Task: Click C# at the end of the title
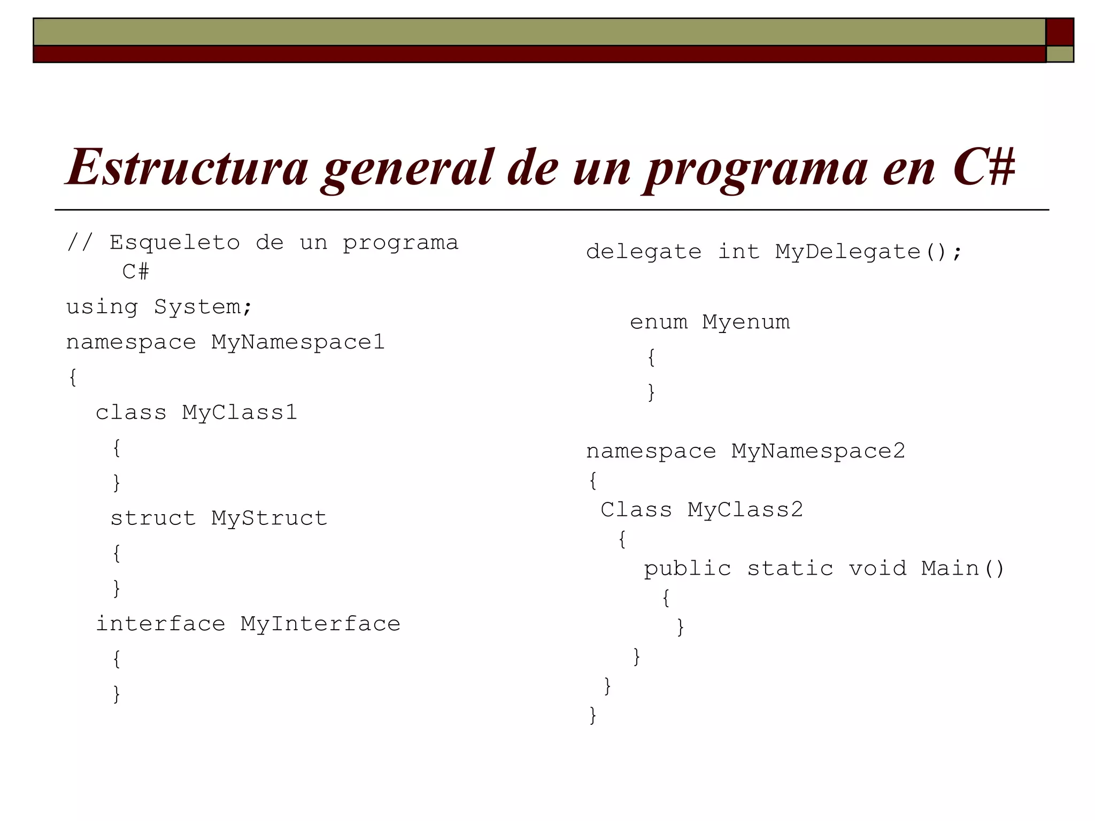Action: pos(984,167)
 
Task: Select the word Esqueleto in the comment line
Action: pos(175,243)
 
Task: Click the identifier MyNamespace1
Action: pos(298,343)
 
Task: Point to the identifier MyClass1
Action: pos(239,413)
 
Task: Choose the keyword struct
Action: pos(153,518)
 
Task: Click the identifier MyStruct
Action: pos(269,518)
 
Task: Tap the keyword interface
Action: pos(160,624)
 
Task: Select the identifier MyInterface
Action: pos(320,624)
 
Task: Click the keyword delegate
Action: pos(644,252)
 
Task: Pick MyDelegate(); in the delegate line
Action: pos(869,252)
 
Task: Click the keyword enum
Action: pos(659,322)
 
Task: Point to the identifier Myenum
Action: pos(746,322)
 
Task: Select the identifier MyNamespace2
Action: pos(818,452)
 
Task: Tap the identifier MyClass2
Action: pos(745,510)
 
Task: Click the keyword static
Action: pos(790,569)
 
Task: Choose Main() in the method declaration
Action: pos(963,569)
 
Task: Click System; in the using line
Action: pos(203,307)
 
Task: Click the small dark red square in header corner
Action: pos(1060,32)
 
